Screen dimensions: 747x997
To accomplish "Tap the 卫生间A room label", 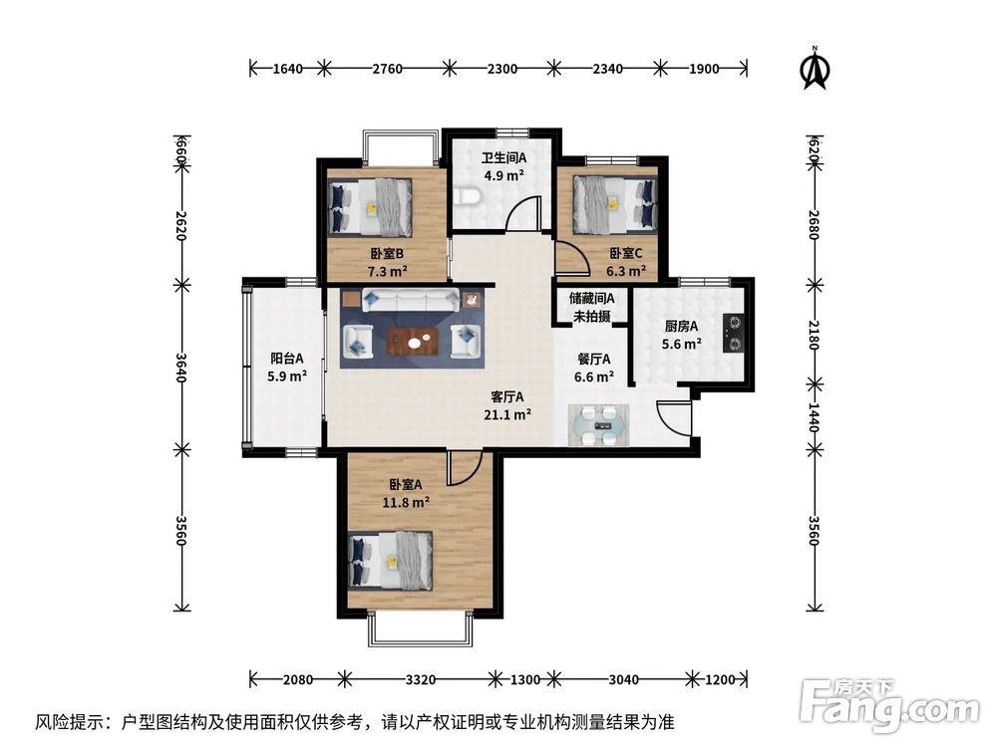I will pyautogui.click(x=503, y=157).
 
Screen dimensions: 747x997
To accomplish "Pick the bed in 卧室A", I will pyautogui.click(x=391, y=562).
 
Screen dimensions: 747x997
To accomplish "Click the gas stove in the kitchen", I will pyautogui.click(x=734, y=333).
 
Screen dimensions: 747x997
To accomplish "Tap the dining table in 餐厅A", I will pyautogui.click(x=601, y=426).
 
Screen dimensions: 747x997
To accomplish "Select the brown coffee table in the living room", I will pyautogui.click(x=414, y=341).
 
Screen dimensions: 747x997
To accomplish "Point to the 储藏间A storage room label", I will pyautogui.click(x=592, y=298).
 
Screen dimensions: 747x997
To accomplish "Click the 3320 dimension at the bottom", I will pyautogui.click(x=421, y=680).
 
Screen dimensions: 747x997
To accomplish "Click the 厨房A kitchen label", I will pyautogui.click(x=682, y=326).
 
